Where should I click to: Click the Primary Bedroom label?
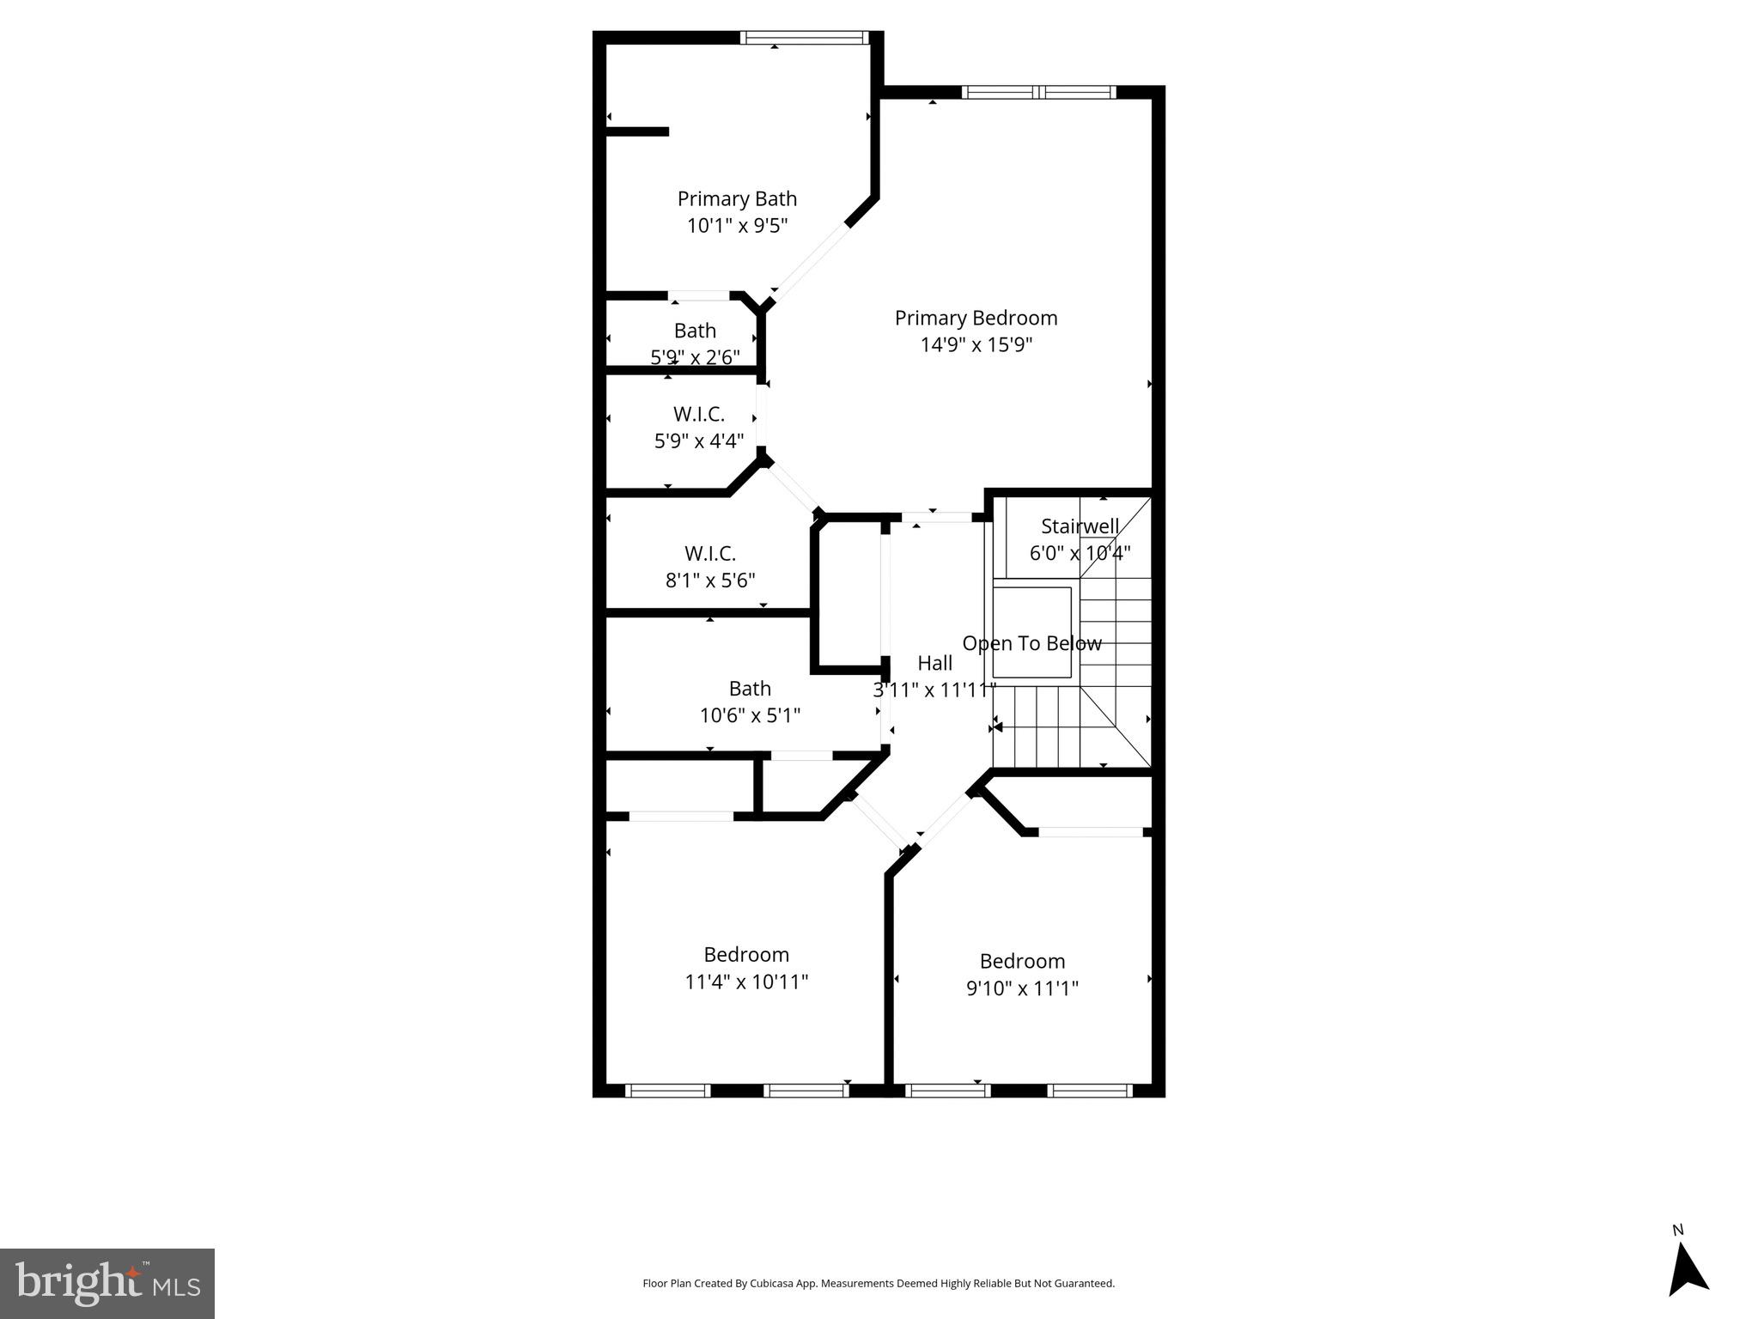point(976,318)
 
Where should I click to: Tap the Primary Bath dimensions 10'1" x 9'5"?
point(737,226)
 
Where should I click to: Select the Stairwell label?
point(1080,526)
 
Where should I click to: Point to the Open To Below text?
point(1031,643)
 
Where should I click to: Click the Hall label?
point(934,663)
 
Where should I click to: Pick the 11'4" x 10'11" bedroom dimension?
point(746,982)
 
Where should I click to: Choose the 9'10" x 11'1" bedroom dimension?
point(1022,988)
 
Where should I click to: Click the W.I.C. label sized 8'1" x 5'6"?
point(710,553)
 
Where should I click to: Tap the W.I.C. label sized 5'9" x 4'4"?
point(698,414)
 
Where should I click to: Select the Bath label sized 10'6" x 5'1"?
point(750,689)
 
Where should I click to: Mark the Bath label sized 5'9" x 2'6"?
point(695,331)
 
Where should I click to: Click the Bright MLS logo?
point(107,1284)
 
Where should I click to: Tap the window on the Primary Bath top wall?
point(804,38)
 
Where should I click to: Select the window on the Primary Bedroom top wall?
point(1038,92)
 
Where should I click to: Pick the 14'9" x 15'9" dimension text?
point(976,345)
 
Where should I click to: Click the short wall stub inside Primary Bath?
point(636,131)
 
